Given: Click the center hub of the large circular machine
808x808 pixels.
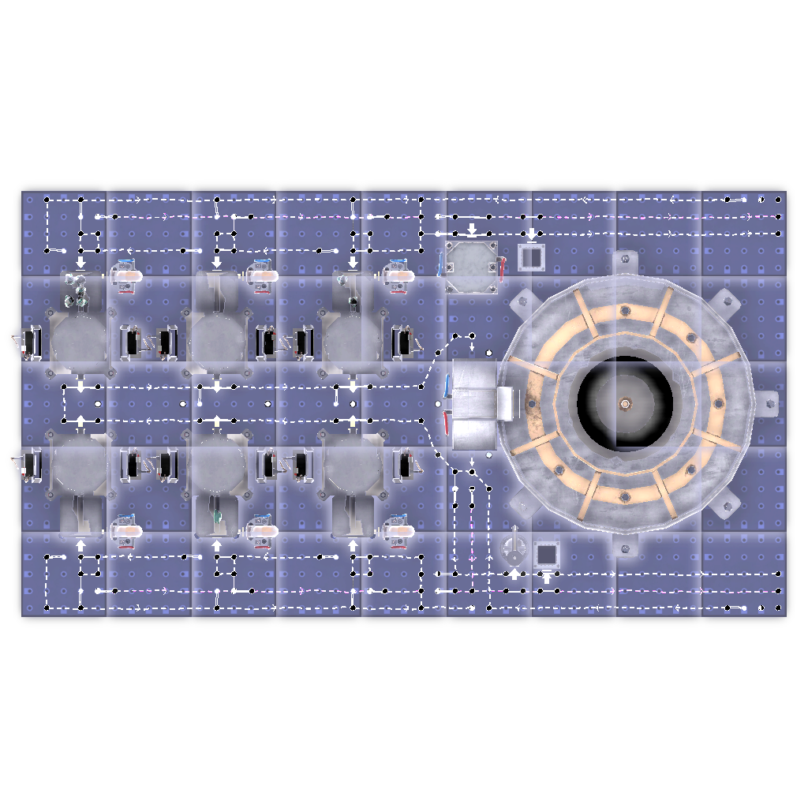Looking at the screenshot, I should coord(625,403).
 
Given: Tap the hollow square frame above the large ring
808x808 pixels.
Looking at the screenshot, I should coord(531,256).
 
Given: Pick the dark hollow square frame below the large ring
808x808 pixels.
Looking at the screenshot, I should coord(546,554).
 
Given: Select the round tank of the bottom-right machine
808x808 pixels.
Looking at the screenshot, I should coord(353,466).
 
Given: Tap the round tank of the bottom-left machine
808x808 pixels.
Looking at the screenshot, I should coord(80,466).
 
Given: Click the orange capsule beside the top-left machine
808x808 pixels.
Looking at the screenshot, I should coord(129,277).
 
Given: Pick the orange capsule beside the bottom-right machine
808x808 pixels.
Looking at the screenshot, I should coord(400,530).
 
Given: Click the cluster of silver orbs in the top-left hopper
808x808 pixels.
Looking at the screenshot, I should coord(77,290).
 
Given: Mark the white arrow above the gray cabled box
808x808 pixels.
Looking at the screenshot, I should coord(472,230).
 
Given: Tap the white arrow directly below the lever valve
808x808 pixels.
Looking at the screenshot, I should coord(514,574).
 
